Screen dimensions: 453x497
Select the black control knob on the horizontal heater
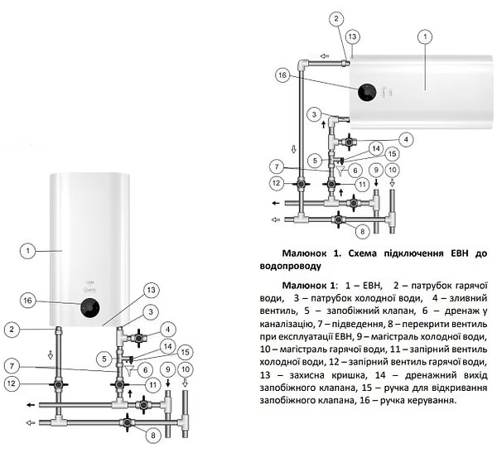point(365,92)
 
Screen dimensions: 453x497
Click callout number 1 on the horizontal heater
point(425,36)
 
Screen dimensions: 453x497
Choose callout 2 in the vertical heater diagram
point(12,330)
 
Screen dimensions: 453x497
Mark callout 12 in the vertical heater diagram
point(12,383)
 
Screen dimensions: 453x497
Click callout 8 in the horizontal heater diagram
point(361,229)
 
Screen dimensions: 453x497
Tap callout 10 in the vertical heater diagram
point(185,369)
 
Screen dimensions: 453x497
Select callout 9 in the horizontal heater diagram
point(375,170)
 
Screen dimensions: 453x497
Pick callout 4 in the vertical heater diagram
point(169,329)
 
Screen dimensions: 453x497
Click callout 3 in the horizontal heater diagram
point(314,113)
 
